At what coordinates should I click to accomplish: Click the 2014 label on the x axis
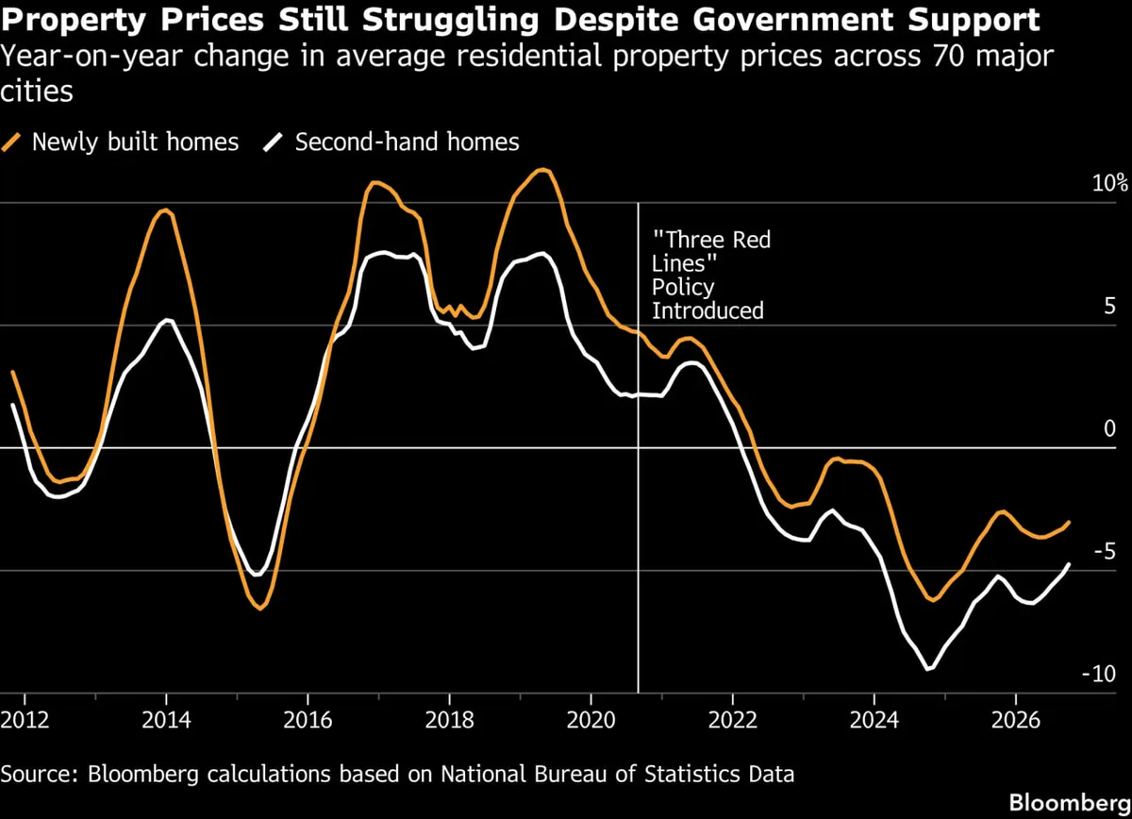[x=166, y=720]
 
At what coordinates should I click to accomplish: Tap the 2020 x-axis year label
[x=591, y=720]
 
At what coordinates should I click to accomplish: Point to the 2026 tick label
[x=1016, y=720]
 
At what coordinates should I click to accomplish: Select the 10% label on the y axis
[x=1109, y=182]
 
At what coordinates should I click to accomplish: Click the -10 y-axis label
[x=1099, y=674]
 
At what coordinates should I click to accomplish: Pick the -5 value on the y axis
[x=1105, y=550]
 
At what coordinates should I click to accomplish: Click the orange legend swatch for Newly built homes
[x=11, y=142]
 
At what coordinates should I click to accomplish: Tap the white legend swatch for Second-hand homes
[x=273, y=142]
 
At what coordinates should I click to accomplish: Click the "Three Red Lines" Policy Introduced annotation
[x=711, y=275]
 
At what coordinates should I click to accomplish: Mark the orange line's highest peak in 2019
[x=542, y=171]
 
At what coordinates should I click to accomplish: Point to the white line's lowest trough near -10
[x=927, y=669]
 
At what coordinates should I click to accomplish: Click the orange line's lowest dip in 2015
[x=260, y=609]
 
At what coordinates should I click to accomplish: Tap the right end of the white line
[x=1069, y=564]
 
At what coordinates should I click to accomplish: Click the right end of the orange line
[x=1069, y=522]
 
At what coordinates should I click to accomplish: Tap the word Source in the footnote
[x=39, y=774]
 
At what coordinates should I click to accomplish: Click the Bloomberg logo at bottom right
[x=1070, y=803]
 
